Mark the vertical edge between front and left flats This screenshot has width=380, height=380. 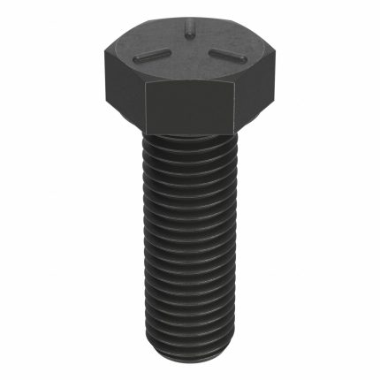pyautogui.click(x=143, y=106)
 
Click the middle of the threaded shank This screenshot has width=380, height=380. pyautogui.click(x=189, y=247)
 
